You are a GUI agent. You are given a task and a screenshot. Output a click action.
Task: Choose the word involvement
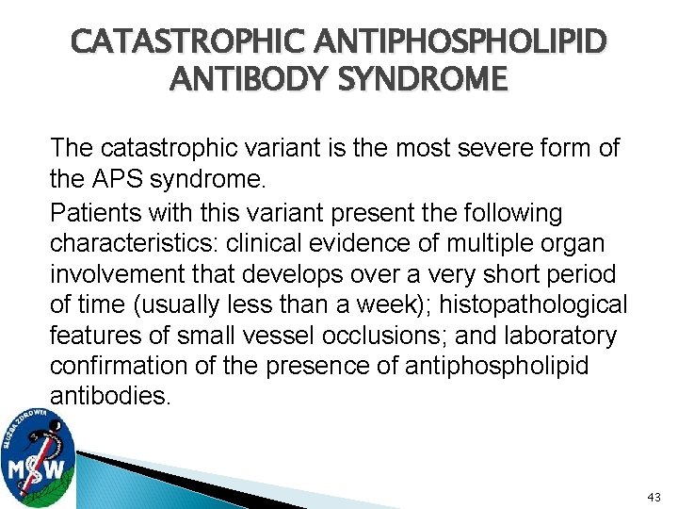pyautogui.click(x=113, y=273)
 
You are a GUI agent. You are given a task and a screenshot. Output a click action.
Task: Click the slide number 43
pyautogui.click(x=654, y=496)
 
